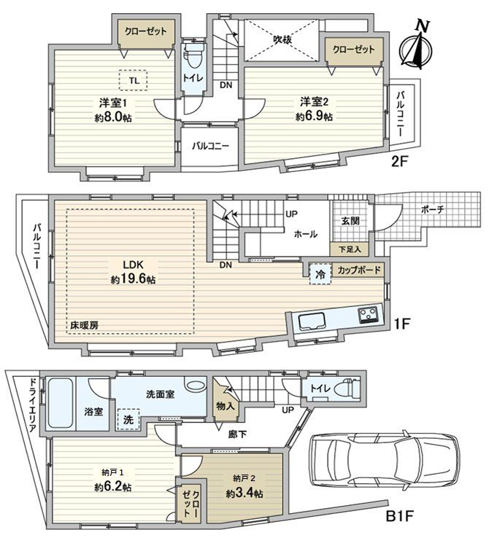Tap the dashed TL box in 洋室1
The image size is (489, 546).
134,79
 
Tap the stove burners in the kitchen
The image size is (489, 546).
367,315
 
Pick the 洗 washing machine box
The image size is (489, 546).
128,421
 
